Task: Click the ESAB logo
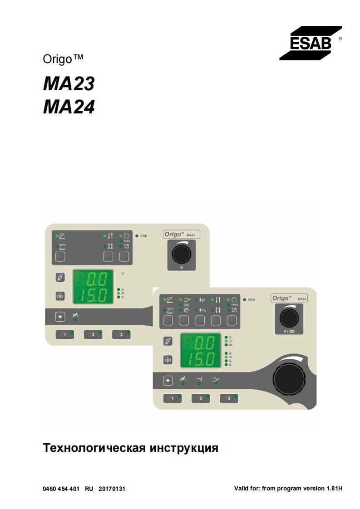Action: [x=310, y=43]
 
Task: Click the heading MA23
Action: [x=69, y=84]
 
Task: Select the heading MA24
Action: [x=69, y=107]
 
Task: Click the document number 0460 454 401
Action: [x=61, y=489]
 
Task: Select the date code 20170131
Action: [x=112, y=489]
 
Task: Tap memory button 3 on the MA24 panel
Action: [x=230, y=398]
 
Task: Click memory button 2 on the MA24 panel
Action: [x=201, y=398]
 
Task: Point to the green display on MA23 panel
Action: [x=93, y=287]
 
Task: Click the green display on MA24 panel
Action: [x=201, y=350]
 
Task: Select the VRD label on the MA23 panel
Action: [x=144, y=236]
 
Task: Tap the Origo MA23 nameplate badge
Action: [x=182, y=235]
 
